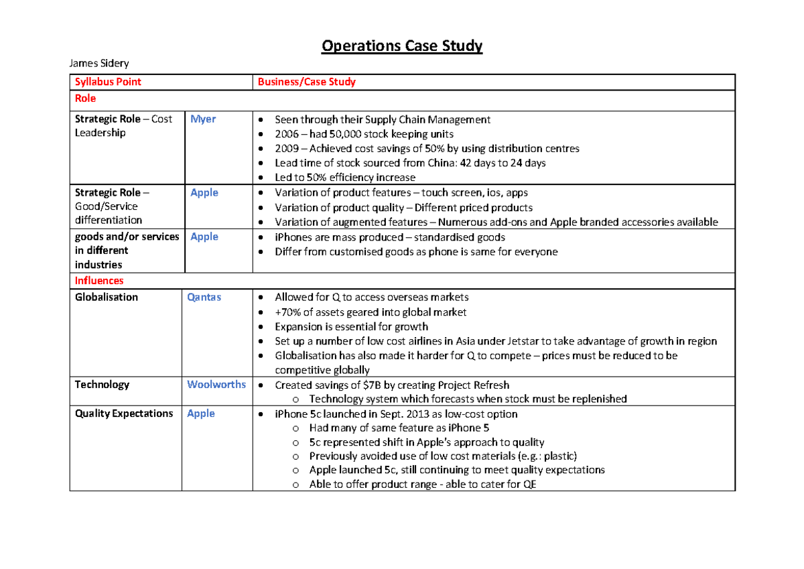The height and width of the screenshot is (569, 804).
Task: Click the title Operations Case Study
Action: coord(402,46)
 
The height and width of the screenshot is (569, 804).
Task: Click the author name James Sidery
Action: coord(99,64)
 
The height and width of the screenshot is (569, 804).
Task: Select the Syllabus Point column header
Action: coord(108,82)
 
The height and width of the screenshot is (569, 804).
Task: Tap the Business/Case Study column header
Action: coord(306,82)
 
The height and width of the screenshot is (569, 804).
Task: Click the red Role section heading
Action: coord(85,99)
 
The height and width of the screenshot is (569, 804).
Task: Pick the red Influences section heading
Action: coord(99,281)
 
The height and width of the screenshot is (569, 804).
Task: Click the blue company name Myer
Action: coord(203,119)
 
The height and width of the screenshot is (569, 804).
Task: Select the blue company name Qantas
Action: coord(204,298)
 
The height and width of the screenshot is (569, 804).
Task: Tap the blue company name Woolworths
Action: coord(216,385)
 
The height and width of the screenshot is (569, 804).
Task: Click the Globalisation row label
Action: coord(107,298)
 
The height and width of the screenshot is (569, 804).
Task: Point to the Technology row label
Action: coord(102,385)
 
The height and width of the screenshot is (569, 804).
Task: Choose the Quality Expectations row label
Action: coord(124,414)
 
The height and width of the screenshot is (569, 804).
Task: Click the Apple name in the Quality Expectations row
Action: coord(201,414)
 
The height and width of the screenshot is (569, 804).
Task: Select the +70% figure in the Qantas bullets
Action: coord(288,312)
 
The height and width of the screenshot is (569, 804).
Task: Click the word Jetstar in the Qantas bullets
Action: coord(519,341)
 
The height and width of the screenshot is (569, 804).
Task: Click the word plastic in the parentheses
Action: coord(555,456)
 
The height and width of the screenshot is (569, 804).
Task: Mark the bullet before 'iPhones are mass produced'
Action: coord(261,237)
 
